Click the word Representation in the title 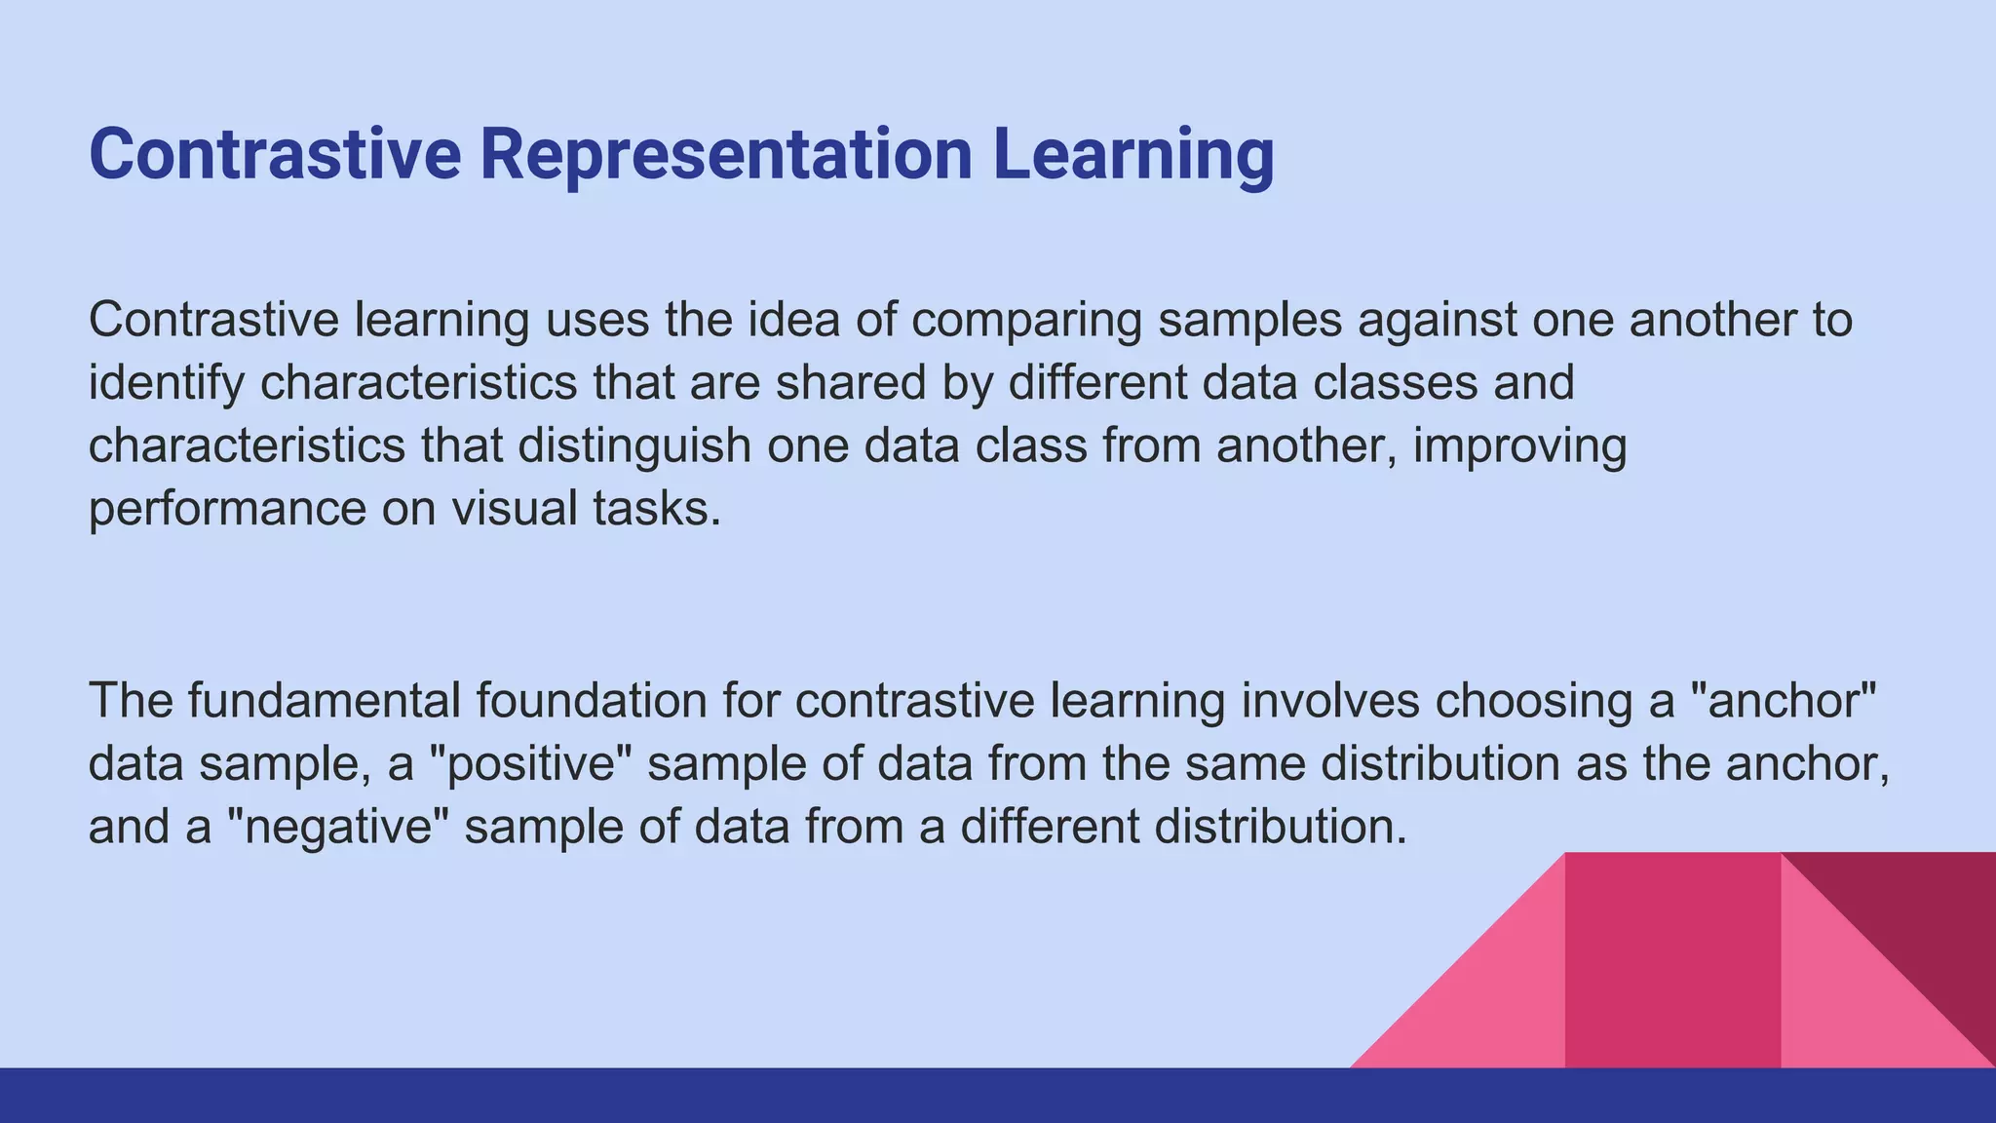[726, 154]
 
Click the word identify [166, 383]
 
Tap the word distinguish [634, 445]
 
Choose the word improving [1519, 446]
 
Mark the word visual [515, 508]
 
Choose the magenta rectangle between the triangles [1672, 960]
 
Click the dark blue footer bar [998, 1096]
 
